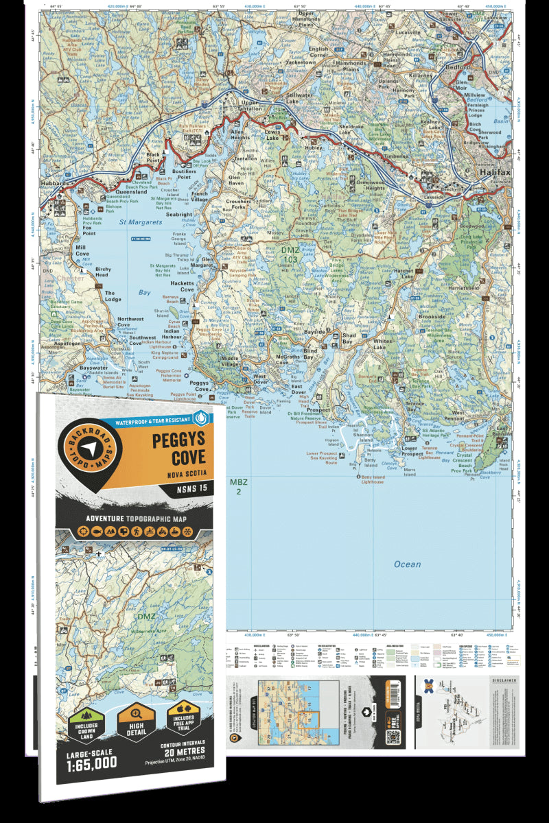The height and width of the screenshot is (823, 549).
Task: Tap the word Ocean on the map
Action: (x=407, y=564)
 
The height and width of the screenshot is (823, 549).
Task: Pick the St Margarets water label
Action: (x=141, y=222)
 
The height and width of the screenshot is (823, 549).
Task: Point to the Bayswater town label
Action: (x=94, y=368)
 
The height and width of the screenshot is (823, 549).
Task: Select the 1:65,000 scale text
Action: (x=93, y=762)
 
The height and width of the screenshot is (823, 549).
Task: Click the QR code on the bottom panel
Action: (x=393, y=737)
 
